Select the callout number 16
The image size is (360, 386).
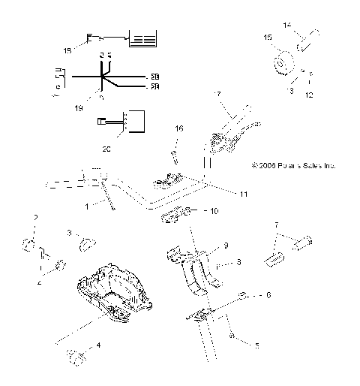coord(178,130)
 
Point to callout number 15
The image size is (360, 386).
coord(268,36)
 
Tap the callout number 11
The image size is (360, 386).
coord(243,194)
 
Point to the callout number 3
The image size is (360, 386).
coord(70,233)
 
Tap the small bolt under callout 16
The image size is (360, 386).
coord(173,157)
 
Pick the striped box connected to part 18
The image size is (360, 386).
coord(143,40)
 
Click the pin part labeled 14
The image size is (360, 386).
coord(307,38)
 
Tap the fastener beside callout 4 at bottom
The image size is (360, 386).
coord(75,355)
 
